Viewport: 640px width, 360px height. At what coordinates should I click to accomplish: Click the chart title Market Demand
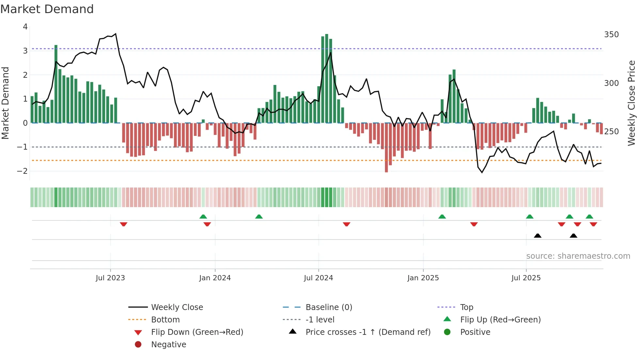(x=47, y=9)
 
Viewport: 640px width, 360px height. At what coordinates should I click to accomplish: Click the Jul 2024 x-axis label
(x=318, y=278)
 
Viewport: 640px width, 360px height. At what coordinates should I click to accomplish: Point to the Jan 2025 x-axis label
(x=423, y=278)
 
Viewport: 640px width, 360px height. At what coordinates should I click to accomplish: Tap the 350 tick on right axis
(x=611, y=35)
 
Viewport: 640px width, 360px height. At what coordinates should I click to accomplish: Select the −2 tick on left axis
(x=22, y=171)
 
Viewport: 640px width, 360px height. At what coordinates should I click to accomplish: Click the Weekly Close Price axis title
(x=632, y=103)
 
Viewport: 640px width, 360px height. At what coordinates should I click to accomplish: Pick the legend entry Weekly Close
(x=177, y=307)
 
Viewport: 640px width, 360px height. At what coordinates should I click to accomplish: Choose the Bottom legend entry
(x=165, y=320)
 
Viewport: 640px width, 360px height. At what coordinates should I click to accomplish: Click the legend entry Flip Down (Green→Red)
(x=197, y=332)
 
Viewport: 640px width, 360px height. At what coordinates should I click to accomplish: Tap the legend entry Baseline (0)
(x=328, y=307)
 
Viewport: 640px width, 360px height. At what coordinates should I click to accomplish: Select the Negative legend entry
(x=168, y=345)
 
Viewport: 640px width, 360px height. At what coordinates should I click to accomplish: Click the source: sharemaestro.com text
(x=578, y=256)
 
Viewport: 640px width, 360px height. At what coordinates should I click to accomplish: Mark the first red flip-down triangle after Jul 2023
(x=123, y=224)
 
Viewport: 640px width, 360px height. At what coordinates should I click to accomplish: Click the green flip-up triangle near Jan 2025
(x=442, y=217)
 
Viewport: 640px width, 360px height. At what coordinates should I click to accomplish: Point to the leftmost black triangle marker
(x=537, y=236)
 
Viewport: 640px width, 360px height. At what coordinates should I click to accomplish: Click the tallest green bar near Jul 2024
(x=327, y=78)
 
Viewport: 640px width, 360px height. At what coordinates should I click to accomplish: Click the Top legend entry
(x=466, y=307)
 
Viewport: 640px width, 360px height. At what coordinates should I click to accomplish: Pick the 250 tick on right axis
(x=611, y=132)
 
